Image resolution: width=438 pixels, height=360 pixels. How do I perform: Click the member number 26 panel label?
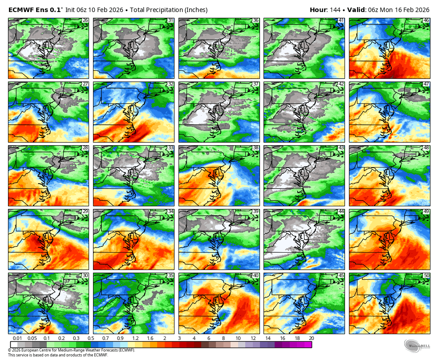tap(85, 20)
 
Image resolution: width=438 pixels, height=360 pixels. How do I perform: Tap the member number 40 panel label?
tap(255, 276)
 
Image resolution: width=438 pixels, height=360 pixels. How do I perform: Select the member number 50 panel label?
tap(426, 276)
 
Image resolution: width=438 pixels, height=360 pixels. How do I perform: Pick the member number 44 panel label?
tap(341, 212)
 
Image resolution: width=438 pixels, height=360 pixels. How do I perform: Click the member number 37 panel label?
tap(255, 84)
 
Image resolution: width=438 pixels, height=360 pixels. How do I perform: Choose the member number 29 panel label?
tap(85, 212)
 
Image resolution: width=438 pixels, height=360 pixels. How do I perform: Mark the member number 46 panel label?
tap(426, 20)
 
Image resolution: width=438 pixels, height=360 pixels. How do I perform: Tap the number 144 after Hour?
tap(335, 10)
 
